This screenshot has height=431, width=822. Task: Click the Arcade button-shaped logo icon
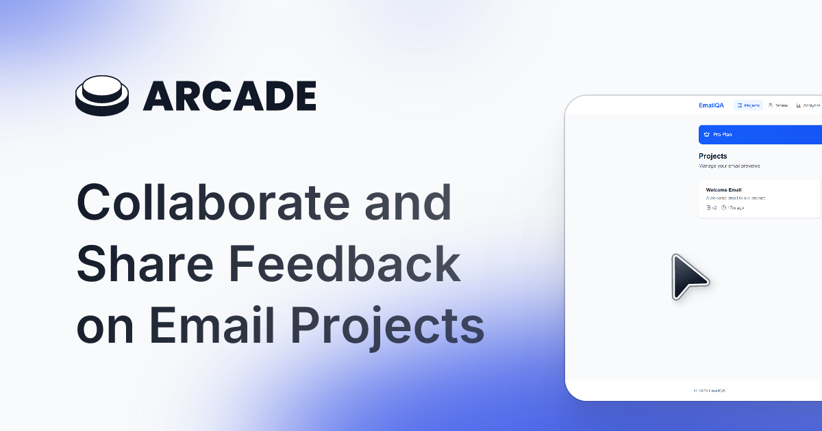pos(102,96)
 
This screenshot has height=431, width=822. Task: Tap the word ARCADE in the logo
pos(229,96)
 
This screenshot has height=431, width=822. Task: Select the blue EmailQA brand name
pos(711,105)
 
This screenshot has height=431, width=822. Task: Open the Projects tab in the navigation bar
pos(748,105)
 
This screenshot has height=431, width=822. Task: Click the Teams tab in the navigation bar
pos(778,105)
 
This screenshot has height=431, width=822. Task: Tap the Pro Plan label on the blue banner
pos(723,135)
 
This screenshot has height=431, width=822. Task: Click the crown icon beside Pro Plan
pos(706,135)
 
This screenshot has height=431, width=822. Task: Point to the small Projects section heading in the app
pos(712,156)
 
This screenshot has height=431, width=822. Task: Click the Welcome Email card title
pos(723,190)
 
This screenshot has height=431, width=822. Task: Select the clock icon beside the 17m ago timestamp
pos(723,207)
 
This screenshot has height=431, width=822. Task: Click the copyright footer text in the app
pos(710,391)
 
